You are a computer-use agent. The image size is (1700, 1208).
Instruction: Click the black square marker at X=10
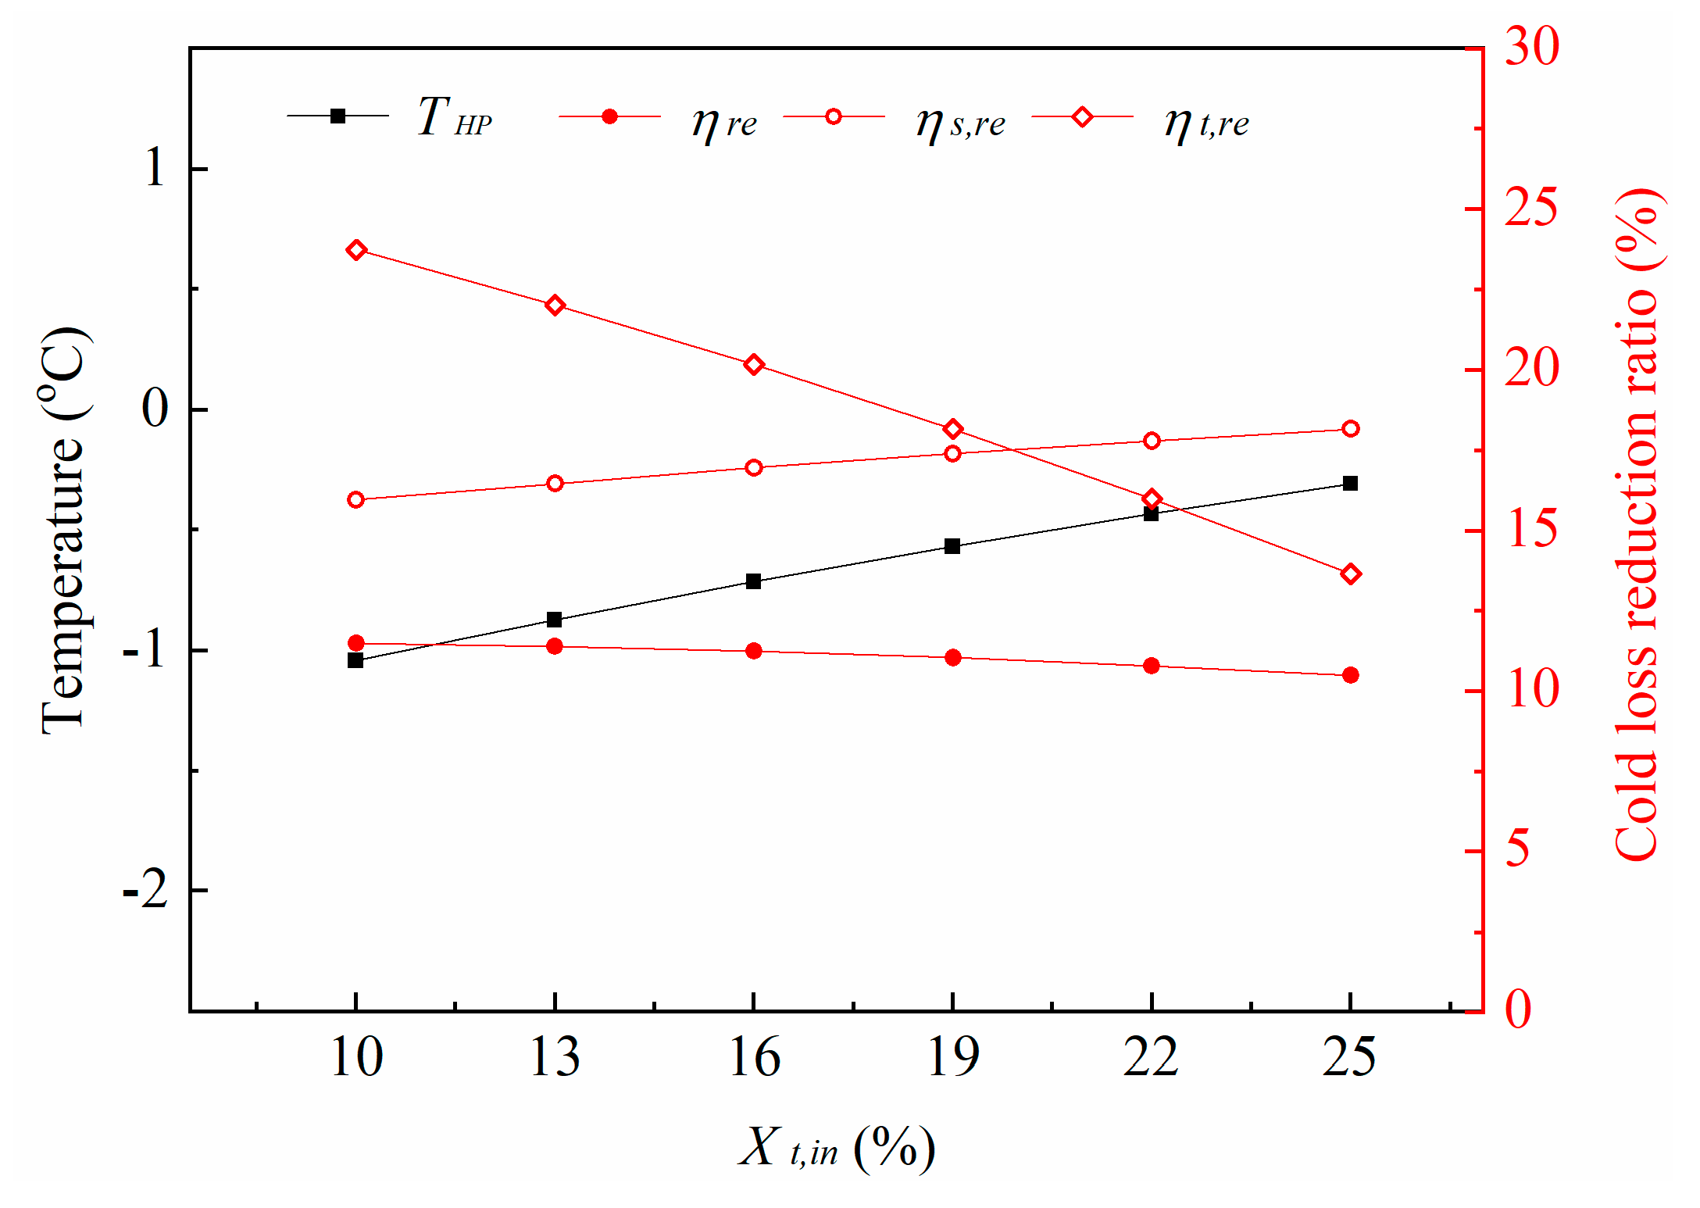click(355, 660)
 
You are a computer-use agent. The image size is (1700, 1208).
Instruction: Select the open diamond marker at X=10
click(356, 250)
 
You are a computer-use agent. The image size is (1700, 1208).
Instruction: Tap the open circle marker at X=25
click(1351, 428)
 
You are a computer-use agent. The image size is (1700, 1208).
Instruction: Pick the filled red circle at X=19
click(952, 658)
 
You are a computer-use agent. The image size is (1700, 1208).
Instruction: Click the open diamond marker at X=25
click(1351, 574)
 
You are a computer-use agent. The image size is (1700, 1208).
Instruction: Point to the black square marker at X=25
click(1351, 484)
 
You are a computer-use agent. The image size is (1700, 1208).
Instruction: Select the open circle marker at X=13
click(555, 484)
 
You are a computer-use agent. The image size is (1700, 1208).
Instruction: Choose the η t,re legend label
click(1206, 123)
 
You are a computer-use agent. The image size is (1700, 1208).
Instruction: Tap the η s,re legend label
click(960, 123)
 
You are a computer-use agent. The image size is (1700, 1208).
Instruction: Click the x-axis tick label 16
click(754, 1058)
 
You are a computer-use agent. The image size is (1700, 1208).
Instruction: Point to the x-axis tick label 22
click(1151, 1058)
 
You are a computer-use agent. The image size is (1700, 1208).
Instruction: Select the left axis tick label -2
click(146, 890)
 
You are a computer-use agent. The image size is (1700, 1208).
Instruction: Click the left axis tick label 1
click(155, 168)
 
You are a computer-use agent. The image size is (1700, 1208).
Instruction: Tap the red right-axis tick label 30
click(1532, 47)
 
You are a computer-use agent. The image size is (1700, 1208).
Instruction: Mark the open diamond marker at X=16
click(754, 365)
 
